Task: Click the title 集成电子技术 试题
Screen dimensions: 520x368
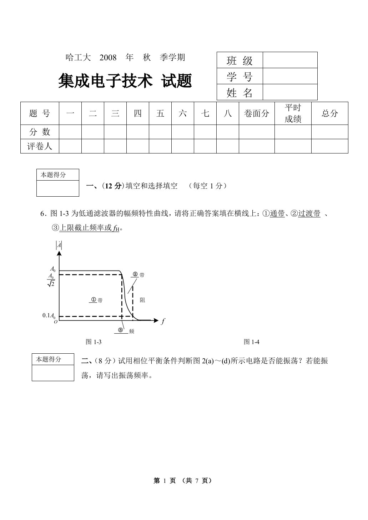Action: tap(125, 81)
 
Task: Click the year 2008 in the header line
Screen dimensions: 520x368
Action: tap(108, 57)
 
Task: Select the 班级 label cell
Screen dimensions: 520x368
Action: tap(240, 60)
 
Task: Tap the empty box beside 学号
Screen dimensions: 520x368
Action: tap(290, 76)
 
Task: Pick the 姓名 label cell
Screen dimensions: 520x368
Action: tap(240, 93)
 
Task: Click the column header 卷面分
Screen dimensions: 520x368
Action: tap(256, 113)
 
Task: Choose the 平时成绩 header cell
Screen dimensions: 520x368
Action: tap(293, 113)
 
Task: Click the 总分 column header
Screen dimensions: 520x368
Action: tap(329, 113)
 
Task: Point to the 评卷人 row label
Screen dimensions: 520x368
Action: tap(40, 146)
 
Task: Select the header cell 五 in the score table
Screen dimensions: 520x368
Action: tap(160, 113)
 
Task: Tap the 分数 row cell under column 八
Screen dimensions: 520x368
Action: tap(227, 132)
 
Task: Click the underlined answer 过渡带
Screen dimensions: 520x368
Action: tap(309, 214)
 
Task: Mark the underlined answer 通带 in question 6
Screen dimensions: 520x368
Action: tap(277, 214)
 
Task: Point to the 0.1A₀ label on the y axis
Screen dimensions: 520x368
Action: tap(49, 315)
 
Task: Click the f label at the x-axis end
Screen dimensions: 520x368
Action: tap(163, 321)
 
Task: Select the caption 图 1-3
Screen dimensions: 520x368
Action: tap(94, 342)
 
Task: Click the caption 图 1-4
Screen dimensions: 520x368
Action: tap(251, 342)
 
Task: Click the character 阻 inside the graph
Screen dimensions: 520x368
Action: tap(142, 300)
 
